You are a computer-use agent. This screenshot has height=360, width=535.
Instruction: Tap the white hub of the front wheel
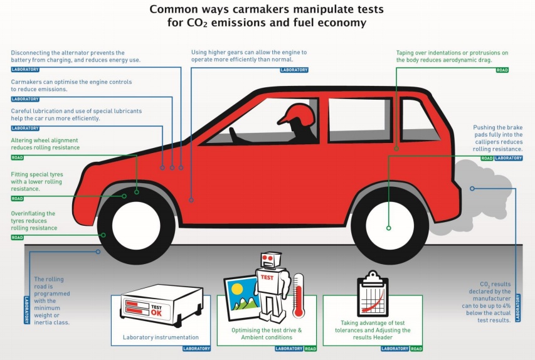click(136, 226)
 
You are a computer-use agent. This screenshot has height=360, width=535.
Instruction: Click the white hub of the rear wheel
click(389, 226)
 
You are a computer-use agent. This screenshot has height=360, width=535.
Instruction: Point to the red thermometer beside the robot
click(298, 295)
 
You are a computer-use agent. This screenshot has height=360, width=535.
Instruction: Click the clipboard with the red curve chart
click(373, 294)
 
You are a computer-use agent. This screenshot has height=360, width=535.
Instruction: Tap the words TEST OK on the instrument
click(156, 310)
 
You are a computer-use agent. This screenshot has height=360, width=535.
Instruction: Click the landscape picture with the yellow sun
click(241, 297)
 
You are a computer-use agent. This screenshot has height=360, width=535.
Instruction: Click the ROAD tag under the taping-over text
click(502, 70)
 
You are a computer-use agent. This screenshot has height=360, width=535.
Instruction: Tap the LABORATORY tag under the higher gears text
click(294, 70)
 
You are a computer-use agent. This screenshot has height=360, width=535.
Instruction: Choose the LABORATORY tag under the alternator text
click(25, 70)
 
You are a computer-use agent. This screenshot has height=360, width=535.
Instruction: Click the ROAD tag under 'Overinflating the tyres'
click(18, 238)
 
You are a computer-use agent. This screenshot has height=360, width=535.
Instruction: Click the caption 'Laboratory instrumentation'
click(161, 337)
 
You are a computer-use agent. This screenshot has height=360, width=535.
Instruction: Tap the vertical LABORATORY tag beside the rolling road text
click(27, 310)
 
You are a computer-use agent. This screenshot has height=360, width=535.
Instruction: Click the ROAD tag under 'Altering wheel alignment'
click(18, 157)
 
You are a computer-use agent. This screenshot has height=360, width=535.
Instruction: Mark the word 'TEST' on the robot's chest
click(267, 277)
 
